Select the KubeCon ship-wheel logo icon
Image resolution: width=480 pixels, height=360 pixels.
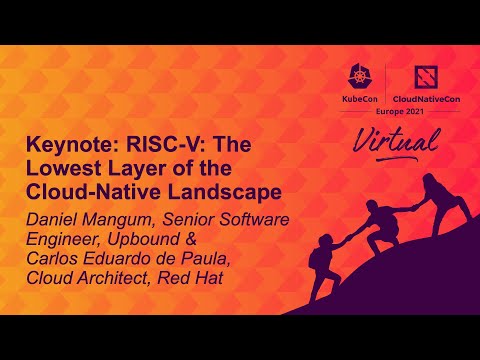click(x=358, y=78)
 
